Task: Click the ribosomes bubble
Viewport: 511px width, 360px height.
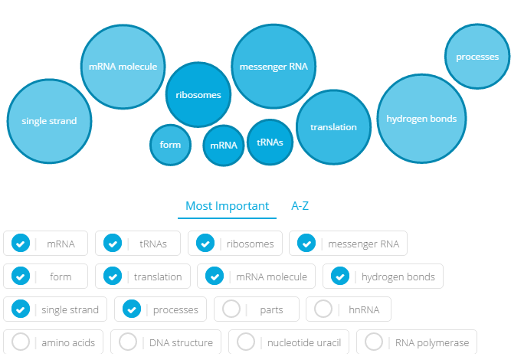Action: (x=198, y=94)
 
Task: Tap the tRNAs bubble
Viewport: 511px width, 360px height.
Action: (x=270, y=142)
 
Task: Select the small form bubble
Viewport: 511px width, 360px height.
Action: (x=170, y=145)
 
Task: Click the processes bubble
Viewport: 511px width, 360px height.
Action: (x=477, y=57)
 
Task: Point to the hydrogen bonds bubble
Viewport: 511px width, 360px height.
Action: (x=421, y=119)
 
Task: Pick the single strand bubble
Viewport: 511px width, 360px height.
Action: (x=49, y=121)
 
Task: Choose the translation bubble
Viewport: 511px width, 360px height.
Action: (x=333, y=126)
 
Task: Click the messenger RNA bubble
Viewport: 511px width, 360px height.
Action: (x=274, y=66)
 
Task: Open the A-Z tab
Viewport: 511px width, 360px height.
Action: (x=300, y=206)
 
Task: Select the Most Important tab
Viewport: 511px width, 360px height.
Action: (x=227, y=206)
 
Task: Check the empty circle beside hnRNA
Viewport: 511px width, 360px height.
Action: (x=323, y=309)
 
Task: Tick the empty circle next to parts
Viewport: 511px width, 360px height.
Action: (x=231, y=309)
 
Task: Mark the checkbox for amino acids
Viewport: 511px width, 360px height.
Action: (x=21, y=342)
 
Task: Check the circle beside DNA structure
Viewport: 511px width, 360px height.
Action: (x=128, y=342)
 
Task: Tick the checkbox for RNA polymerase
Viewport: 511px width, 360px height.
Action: (x=374, y=342)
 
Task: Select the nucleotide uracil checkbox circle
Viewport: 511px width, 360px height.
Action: (x=246, y=342)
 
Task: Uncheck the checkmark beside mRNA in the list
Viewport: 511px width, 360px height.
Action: (x=21, y=243)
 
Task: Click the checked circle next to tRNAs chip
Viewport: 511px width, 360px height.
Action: (x=113, y=243)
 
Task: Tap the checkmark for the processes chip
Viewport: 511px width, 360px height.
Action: (x=132, y=309)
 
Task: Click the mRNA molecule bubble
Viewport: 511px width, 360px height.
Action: (x=123, y=67)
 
